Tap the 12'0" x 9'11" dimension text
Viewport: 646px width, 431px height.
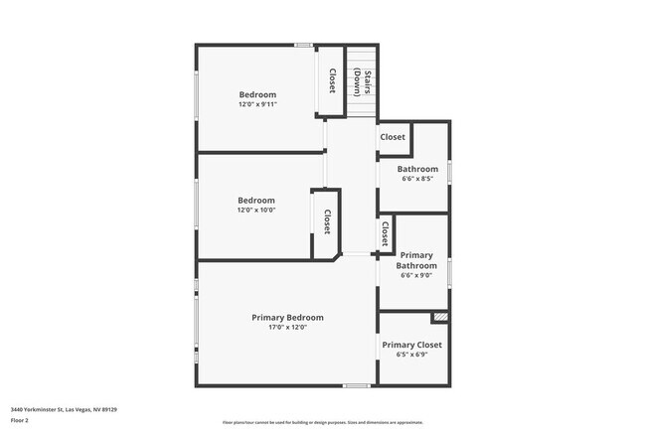click(x=257, y=104)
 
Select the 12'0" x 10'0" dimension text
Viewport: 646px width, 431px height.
click(x=256, y=210)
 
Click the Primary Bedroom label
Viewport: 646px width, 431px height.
click(x=287, y=318)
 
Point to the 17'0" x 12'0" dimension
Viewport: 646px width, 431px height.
click(x=287, y=328)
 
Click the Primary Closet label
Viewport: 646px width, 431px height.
click(x=412, y=345)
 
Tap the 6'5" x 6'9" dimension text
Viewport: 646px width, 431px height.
click(x=412, y=355)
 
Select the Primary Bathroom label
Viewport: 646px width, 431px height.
click(x=416, y=260)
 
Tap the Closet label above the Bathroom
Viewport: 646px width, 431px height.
click(x=393, y=137)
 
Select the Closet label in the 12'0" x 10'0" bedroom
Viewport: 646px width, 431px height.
click(x=326, y=220)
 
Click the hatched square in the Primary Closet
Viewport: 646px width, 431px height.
click(x=439, y=318)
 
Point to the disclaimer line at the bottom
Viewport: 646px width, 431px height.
click(x=322, y=421)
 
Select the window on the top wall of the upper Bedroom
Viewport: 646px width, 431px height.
click(x=304, y=45)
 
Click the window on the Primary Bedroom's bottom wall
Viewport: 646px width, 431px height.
click(x=356, y=385)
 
